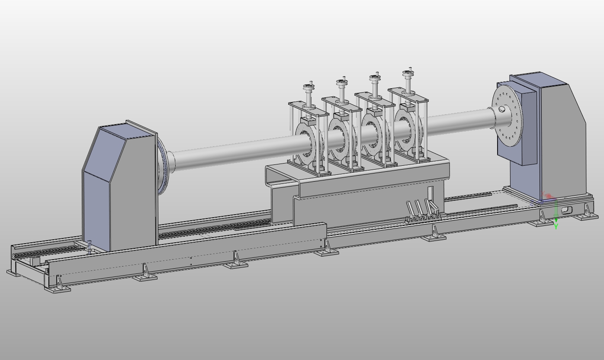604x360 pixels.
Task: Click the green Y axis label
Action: (556, 226)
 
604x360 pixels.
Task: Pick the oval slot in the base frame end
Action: (566, 210)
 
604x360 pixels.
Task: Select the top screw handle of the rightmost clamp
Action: (407, 74)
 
